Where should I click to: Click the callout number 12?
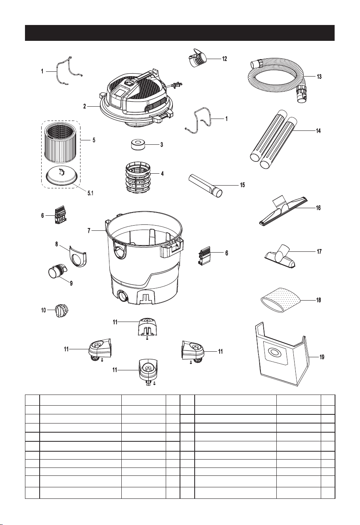[x=224, y=59]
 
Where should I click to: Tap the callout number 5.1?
[x=90, y=193]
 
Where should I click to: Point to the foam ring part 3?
[x=138, y=144]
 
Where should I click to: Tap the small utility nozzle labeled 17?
[x=280, y=256]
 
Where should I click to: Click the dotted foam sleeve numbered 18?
[x=280, y=300]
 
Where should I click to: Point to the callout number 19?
[x=322, y=357]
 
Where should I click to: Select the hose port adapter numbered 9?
[x=57, y=271]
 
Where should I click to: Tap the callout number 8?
[x=57, y=244]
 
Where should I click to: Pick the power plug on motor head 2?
[x=176, y=85]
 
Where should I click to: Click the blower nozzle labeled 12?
[x=198, y=59]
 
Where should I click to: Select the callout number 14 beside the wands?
[x=318, y=131]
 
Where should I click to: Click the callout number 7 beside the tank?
[x=89, y=231]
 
